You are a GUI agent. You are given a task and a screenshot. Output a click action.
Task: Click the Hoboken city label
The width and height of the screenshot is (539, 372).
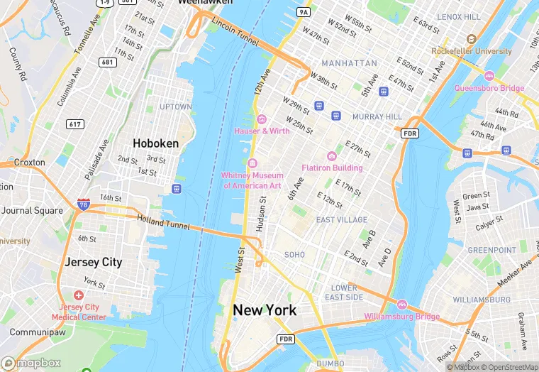pyautogui.click(x=157, y=143)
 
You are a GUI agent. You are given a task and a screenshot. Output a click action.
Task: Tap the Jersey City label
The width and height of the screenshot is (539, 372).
pyautogui.click(x=94, y=262)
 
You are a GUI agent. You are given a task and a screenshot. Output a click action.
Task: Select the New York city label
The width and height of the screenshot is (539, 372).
pyautogui.click(x=265, y=310)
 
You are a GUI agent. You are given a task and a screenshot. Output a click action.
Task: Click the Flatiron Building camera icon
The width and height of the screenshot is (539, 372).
pyautogui.click(x=331, y=156)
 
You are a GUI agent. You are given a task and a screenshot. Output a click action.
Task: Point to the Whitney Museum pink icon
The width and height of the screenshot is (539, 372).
pyautogui.click(x=252, y=165)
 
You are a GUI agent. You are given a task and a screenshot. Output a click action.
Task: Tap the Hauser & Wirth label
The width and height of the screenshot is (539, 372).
pyautogui.click(x=262, y=131)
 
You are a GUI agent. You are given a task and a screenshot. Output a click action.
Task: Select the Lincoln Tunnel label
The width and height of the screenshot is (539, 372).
pyautogui.click(x=235, y=33)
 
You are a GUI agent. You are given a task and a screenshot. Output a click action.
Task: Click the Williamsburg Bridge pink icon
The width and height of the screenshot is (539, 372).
pyautogui.click(x=402, y=305)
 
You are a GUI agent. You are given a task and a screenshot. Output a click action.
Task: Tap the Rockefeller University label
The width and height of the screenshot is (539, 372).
pyautogui.click(x=472, y=51)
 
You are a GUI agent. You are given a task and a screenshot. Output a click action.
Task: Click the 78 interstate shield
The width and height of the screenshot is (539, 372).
pyautogui.click(x=84, y=204)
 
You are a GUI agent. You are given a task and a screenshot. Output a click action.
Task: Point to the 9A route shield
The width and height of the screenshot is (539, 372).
pyautogui.click(x=304, y=12)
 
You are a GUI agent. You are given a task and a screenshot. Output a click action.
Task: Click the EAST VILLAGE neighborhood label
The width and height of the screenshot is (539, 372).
pyautogui.click(x=342, y=220)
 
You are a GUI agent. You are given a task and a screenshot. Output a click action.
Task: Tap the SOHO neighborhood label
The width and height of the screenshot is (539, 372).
pyautogui.click(x=294, y=254)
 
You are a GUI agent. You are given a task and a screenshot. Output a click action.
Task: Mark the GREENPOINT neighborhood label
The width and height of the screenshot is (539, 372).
pyautogui.click(x=492, y=251)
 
